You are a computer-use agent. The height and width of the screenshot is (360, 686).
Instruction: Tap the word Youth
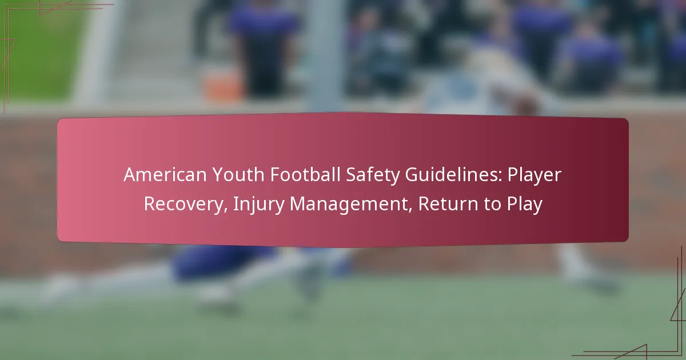pos(238,175)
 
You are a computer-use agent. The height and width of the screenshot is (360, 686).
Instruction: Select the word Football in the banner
pos(305,175)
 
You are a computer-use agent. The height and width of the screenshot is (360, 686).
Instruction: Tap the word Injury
pos(259,205)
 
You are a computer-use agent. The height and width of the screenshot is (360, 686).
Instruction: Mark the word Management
pos(349,205)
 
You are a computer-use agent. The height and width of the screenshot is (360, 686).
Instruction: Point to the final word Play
pos(525,205)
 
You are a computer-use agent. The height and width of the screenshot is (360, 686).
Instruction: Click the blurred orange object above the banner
pos(222,84)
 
